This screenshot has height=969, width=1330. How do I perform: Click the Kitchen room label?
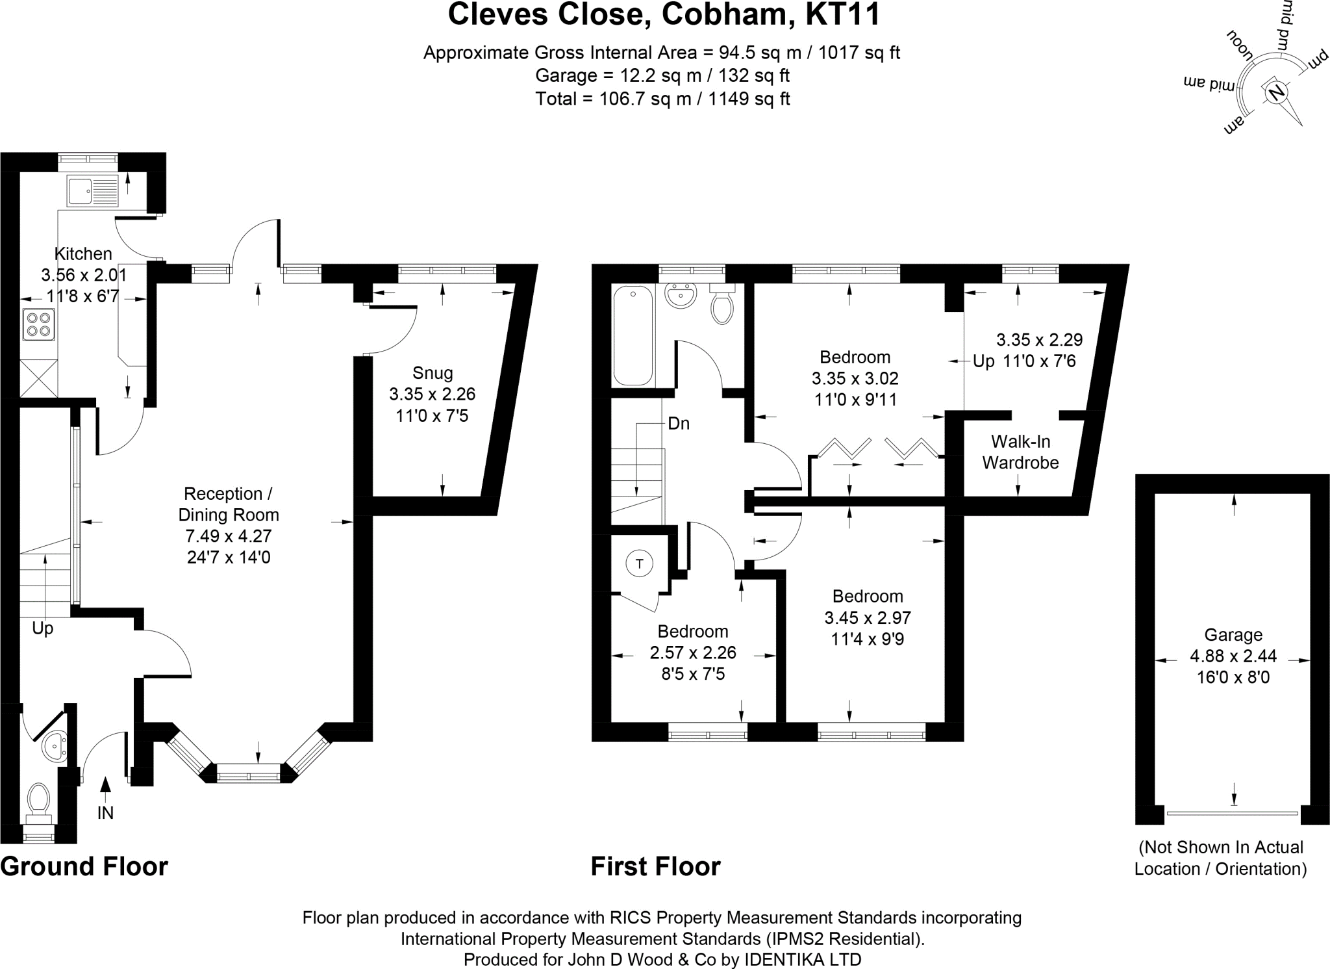[x=83, y=253]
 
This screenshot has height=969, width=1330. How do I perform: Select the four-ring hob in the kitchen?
[x=38, y=324]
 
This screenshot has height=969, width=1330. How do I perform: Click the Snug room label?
[x=433, y=373]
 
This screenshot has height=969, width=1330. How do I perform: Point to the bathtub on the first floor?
[x=633, y=335]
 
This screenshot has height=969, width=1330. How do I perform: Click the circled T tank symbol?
[x=639, y=563]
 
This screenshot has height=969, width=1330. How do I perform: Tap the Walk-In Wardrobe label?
[x=1020, y=452]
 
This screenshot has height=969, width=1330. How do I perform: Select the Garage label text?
[x=1233, y=635]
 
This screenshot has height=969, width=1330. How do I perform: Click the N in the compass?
[x=1275, y=92]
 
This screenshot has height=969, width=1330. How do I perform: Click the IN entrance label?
[x=105, y=812]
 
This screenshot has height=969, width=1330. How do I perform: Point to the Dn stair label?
[x=679, y=424]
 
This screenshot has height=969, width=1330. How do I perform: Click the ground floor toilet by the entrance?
[x=40, y=801]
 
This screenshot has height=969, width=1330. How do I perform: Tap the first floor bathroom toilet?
[x=722, y=305]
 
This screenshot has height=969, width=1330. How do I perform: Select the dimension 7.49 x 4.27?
[x=229, y=536]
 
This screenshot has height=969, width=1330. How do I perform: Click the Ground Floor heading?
[x=84, y=866]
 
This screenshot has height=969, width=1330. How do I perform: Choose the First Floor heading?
[x=655, y=866]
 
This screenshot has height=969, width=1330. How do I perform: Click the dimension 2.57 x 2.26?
[x=693, y=652]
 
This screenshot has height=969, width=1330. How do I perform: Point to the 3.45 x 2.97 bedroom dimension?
[x=868, y=617]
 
